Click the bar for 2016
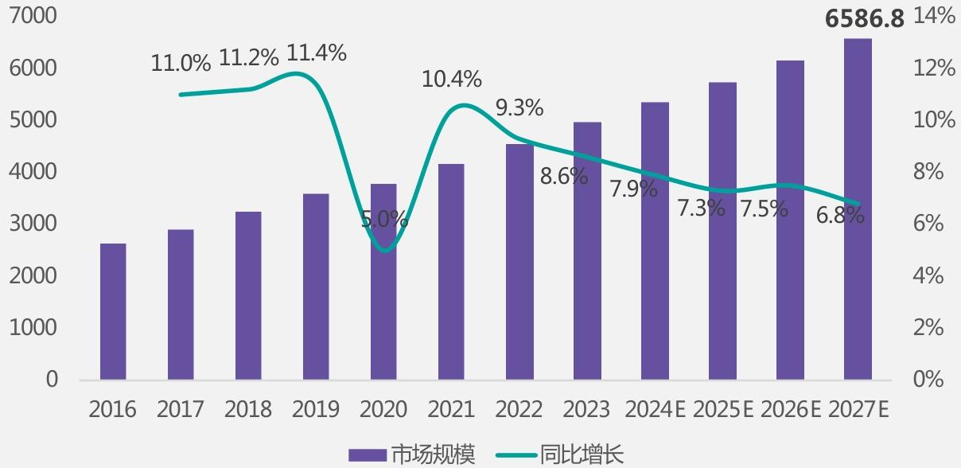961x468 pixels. pos(113,311)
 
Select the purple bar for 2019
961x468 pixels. pos(316,287)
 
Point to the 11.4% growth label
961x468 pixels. pos(317,53)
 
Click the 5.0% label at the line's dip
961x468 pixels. pos(384,219)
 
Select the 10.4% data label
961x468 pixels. pos(452,79)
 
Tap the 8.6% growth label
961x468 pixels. pos(564,177)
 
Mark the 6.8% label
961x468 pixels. pos(840,215)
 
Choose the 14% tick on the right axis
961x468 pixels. pos(934,16)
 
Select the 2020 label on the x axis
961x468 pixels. pos(383,410)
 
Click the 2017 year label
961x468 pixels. pos(181,410)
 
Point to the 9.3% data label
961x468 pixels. pos(519,107)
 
